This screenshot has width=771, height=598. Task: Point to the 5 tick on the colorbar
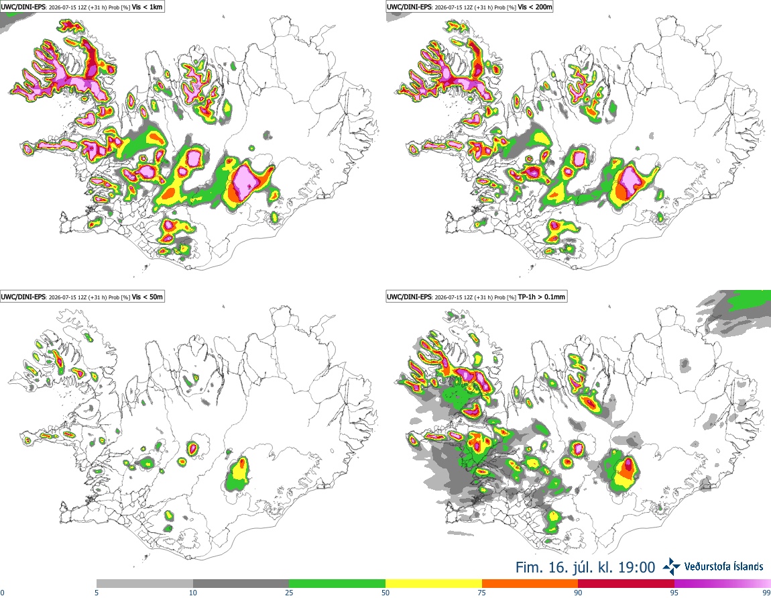point(97,593)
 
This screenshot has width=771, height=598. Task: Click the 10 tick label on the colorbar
point(193,593)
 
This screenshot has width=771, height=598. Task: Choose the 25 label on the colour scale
point(289,593)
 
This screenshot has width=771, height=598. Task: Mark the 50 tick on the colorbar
point(385,593)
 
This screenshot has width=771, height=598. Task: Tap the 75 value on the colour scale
point(482,593)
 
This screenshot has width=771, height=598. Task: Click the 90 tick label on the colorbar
point(578,593)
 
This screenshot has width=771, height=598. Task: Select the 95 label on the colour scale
point(674,593)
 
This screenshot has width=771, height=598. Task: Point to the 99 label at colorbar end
point(767,593)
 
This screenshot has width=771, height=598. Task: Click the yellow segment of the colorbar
point(434,584)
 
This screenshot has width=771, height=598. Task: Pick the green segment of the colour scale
point(337,584)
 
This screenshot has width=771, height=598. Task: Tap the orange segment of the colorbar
point(530,584)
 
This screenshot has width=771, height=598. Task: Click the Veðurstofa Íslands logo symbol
point(672,566)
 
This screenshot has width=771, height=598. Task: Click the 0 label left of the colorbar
point(2,593)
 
